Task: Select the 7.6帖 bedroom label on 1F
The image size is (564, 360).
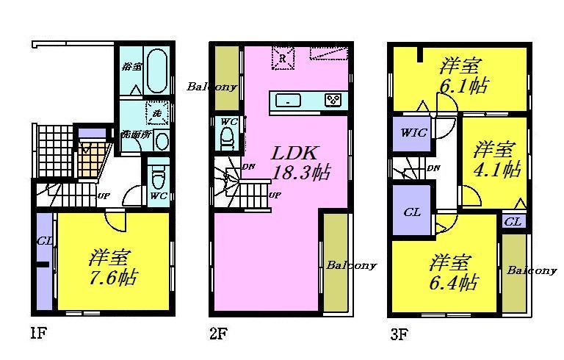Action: point(113,269)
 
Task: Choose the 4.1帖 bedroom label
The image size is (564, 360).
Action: point(496,159)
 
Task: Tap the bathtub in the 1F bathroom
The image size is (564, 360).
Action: point(157,70)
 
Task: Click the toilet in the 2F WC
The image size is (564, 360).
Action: point(227,137)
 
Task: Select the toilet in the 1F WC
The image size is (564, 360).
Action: point(157,177)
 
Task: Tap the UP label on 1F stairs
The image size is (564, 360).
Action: point(105,195)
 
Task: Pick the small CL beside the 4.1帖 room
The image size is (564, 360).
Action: point(513,220)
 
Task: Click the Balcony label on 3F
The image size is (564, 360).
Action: point(532,270)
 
